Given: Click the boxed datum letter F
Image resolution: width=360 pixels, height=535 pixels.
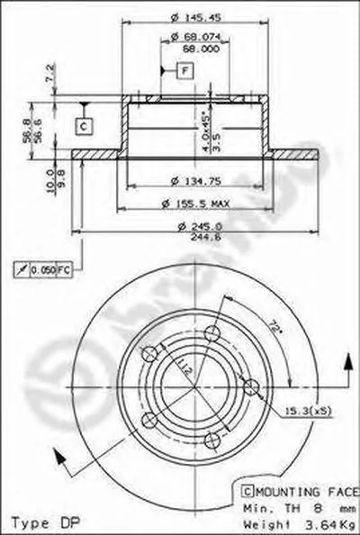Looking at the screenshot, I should [184, 70].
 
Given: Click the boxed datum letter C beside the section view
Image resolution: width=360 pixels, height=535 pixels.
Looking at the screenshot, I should [82, 126].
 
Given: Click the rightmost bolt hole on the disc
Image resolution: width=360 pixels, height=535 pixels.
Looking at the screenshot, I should [252, 387].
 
